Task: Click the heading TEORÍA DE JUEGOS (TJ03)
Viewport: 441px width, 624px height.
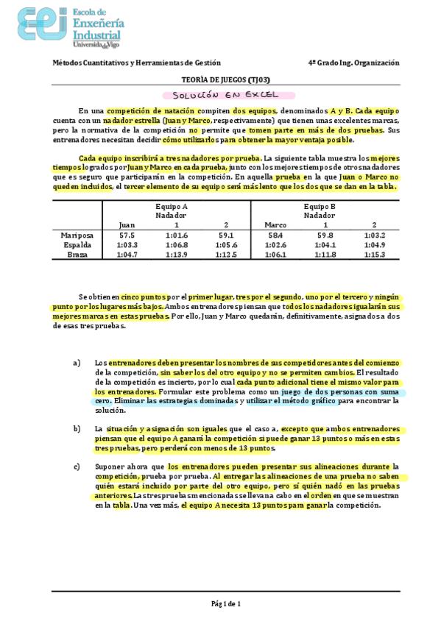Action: [225, 79]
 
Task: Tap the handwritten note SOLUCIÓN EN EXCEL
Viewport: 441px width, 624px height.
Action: [225, 95]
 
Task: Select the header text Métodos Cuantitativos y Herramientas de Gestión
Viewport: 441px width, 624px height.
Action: [136, 63]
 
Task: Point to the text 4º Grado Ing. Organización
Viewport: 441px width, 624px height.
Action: [353, 63]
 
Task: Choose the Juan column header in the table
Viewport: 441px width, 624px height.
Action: [127, 224]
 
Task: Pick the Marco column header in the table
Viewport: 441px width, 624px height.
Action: [275, 224]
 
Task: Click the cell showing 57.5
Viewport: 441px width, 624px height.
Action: [127, 235]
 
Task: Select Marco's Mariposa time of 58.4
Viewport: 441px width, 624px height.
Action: [275, 235]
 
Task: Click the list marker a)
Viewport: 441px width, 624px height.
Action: [77, 363]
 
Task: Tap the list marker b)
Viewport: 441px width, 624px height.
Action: [77, 428]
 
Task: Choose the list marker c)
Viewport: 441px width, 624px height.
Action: [77, 467]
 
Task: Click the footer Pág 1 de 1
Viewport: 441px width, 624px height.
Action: [225, 603]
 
